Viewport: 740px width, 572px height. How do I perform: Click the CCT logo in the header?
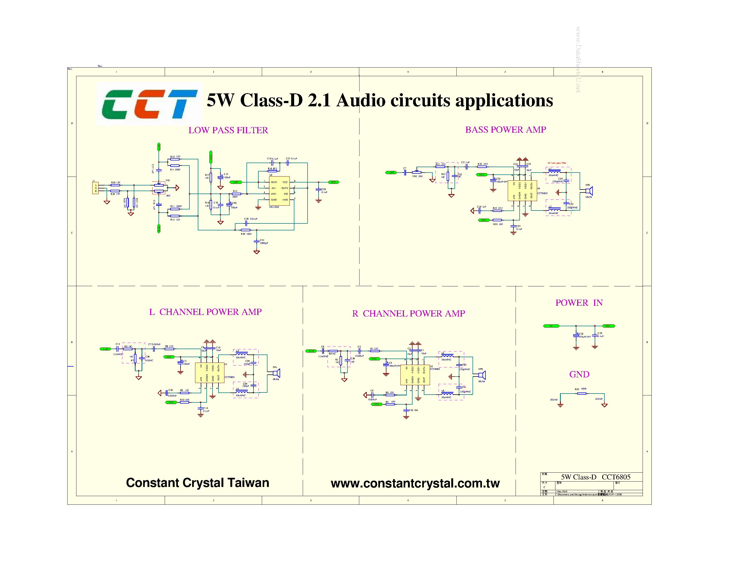pyautogui.click(x=149, y=104)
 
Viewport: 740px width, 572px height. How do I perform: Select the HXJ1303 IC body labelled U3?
pyautogui.click(x=279, y=191)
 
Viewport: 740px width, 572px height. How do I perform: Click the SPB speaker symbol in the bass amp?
pyautogui.click(x=589, y=191)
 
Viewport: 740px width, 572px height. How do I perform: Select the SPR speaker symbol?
pyautogui.click(x=482, y=375)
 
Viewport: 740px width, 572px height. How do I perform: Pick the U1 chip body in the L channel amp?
pyautogui.click(x=209, y=373)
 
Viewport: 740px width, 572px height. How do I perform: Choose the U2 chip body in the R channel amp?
pyautogui.click(x=415, y=375)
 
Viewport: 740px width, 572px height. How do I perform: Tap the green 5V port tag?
pyautogui.click(x=551, y=326)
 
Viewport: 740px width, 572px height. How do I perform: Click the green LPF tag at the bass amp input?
pyautogui.click(x=391, y=173)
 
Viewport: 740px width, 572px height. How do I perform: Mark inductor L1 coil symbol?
pyautogui.click(x=554, y=171)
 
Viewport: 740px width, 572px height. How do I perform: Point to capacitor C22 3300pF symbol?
pyautogui.click(x=256, y=241)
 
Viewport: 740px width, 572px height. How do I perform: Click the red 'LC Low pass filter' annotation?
pyautogui.click(x=557, y=163)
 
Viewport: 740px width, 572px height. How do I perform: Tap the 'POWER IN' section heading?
pyautogui.click(x=579, y=303)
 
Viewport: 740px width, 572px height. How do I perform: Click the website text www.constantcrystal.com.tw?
pyautogui.click(x=415, y=483)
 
